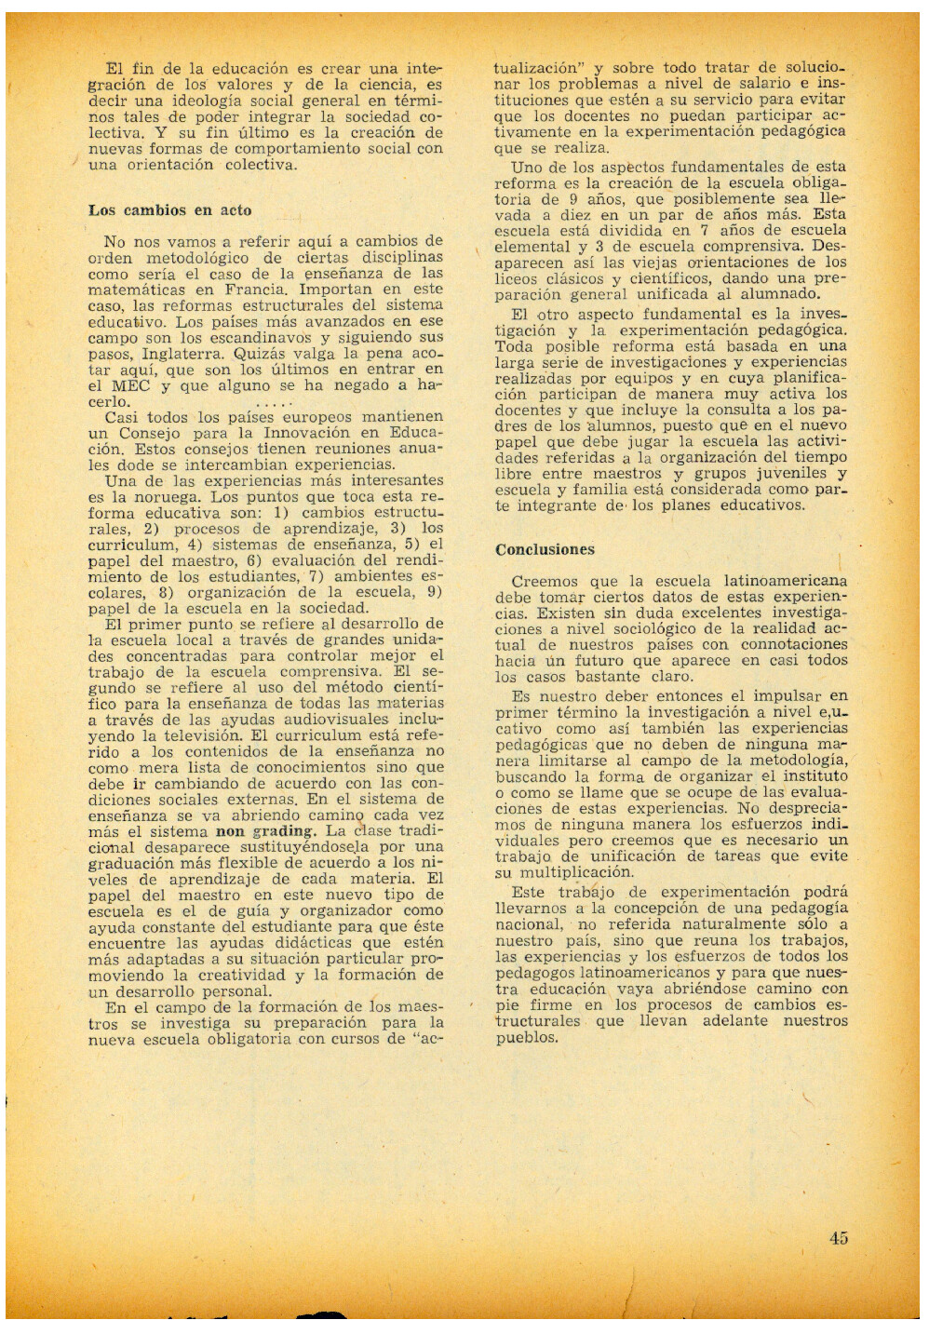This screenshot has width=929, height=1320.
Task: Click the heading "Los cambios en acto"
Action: (169, 210)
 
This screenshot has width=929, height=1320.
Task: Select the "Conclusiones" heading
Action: (545, 549)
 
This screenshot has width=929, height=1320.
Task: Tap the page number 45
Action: (838, 1238)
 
